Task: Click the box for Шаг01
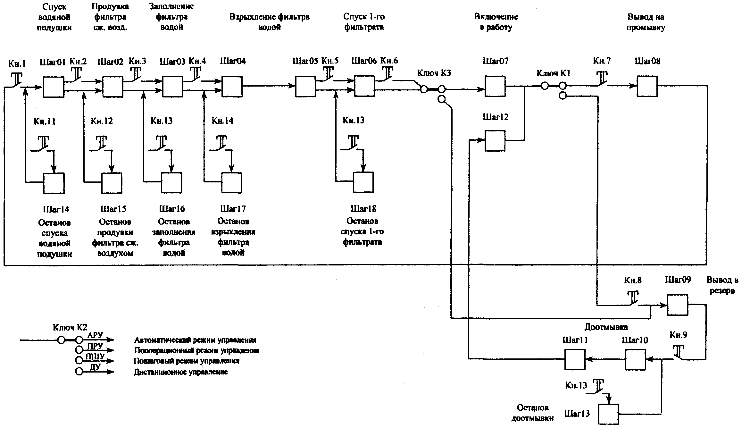point(54,87)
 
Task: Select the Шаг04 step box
point(232,87)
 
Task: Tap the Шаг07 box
point(495,86)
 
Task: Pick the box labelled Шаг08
point(647,86)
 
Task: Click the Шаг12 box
point(495,140)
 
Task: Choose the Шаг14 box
point(54,183)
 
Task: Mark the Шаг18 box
point(363,182)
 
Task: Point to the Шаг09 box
point(678,305)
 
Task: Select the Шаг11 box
point(575,359)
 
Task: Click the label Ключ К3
point(434,73)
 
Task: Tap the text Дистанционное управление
point(180,372)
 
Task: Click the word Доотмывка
point(606,327)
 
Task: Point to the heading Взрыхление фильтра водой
point(269,22)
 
